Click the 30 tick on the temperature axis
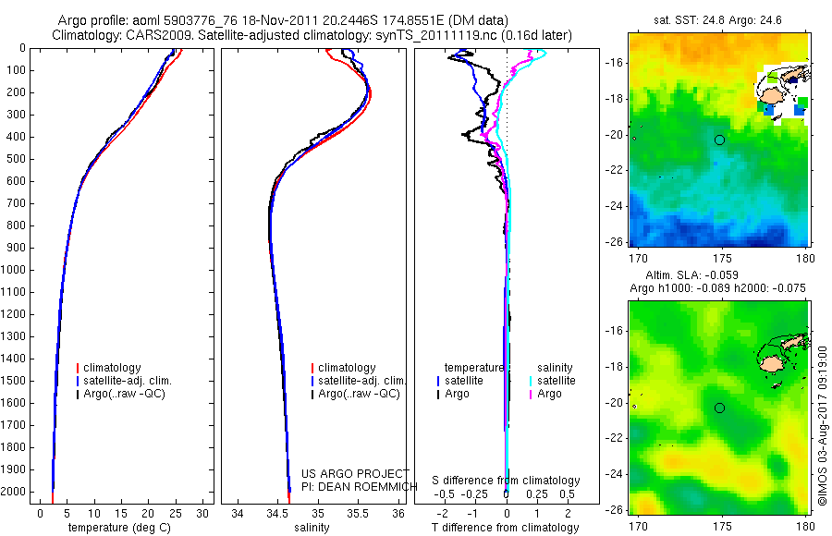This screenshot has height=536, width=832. (204, 512)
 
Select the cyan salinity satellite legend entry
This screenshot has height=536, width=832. (556, 381)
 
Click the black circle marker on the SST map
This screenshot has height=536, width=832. (719, 140)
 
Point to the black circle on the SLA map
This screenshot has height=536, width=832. (719, 408)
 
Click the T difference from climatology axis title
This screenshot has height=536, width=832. (506, 528)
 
